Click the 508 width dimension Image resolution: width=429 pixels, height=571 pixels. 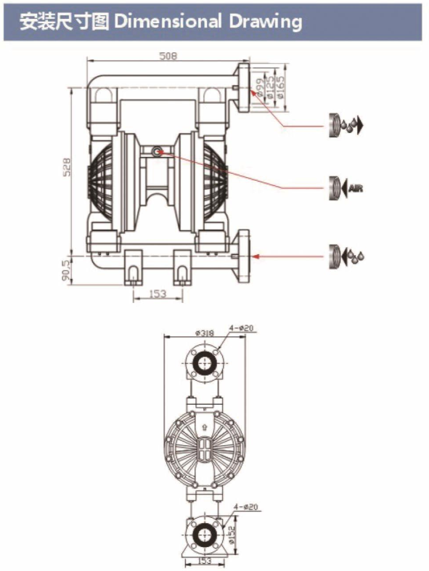click(x=168, y=56)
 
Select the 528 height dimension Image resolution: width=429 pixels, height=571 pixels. click(x=67, y=167)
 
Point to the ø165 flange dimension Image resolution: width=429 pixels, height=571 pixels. click(x=281, y=86)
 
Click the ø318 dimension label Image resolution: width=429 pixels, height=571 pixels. click(x=205, y=333)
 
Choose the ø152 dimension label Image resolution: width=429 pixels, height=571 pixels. click(x=232, y=533)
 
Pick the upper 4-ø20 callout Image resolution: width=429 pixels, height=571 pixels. click(x=241, y=328)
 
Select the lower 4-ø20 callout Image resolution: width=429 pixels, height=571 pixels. click(x=246, y=507)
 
